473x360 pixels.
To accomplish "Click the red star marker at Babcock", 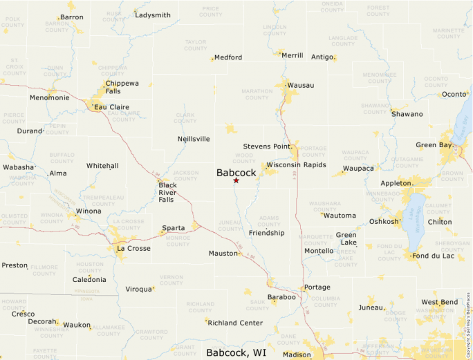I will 236,180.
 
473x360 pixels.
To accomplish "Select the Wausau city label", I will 301,85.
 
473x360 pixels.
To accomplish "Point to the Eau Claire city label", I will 112,107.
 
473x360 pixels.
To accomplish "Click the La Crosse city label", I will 133,248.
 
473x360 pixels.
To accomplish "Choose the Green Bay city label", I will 434,145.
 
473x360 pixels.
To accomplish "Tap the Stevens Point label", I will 267,146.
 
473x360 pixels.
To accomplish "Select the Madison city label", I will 297,354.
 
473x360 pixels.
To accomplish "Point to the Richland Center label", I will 235,323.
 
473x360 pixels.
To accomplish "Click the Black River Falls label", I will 167,192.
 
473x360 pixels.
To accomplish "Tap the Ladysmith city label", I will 153,15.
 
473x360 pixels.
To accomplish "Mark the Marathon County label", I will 257,94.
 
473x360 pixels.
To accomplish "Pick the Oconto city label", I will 454,94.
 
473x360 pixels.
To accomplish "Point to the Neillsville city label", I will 194,139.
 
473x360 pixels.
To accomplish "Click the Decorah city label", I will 42,321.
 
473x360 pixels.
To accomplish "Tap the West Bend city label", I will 440,302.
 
